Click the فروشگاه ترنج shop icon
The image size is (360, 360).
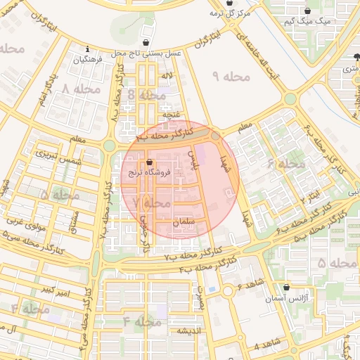(149, 162)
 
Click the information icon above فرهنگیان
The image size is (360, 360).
(86, 49)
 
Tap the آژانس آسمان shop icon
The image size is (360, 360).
(286, 287)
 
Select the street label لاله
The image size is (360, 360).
(166, 75)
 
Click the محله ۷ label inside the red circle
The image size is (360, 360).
(151, 202)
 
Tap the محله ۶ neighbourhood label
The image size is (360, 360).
(285, 164)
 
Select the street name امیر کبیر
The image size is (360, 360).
(54, 290)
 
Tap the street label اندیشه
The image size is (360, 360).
(188, 330)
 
